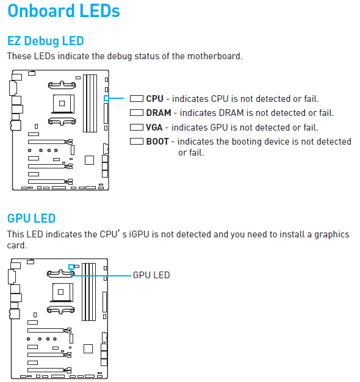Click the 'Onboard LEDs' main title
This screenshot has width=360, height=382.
[x=64, y=11]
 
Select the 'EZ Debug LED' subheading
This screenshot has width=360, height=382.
[x=46, y=41]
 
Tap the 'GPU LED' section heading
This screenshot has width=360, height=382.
[x=31, y=218]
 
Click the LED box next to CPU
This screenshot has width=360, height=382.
[x=137, y=99]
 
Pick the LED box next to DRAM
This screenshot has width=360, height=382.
[x=137, y=113]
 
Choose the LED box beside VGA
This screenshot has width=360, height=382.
[x=137, y=127]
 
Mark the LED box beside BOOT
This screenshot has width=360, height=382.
[x=137, y=142]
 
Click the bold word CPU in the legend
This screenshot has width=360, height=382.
[x=154, y=99]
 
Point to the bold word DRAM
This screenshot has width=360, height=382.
[x=159, y=113]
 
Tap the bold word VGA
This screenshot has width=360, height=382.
[x=154, y=128]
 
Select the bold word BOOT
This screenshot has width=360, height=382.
[x=157, y=142]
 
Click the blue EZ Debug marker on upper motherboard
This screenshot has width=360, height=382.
[x=106, y=98]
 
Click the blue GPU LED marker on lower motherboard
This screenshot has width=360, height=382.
[x=71, y=267]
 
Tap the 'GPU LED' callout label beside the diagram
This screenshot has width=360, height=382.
[x=151, y=275]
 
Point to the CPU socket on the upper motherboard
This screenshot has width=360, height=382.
[x=63, y=104]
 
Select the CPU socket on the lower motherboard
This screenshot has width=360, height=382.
[x=62, y=292]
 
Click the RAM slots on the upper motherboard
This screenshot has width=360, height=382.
[x=90, y=103]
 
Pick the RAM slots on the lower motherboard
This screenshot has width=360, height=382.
[x=89, y=292]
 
